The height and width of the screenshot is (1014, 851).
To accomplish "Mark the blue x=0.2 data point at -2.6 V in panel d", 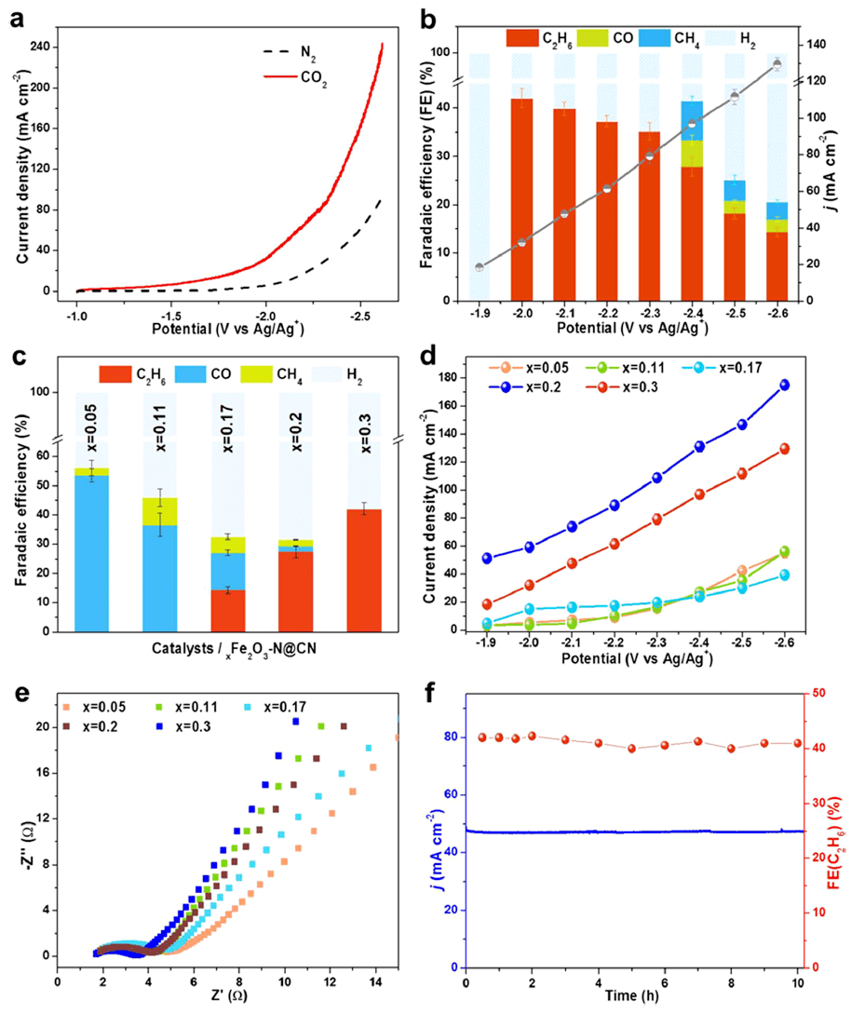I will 784,385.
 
